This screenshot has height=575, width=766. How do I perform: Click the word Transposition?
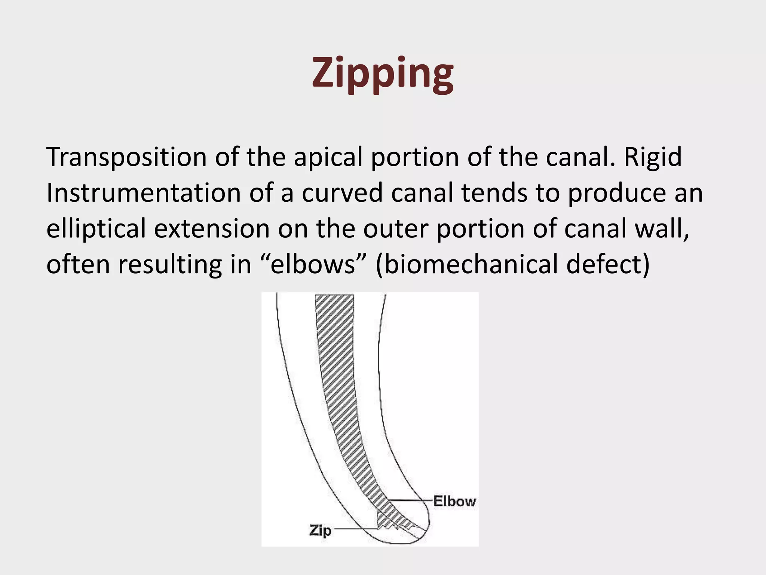tap(126, 157)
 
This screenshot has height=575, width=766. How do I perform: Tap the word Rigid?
tap(653, 157)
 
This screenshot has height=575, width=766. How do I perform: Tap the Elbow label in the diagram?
tap(454, 501)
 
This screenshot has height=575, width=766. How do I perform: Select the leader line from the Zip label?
tap(355, 529)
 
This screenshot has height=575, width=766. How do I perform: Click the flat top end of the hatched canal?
tap(334, 296)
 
